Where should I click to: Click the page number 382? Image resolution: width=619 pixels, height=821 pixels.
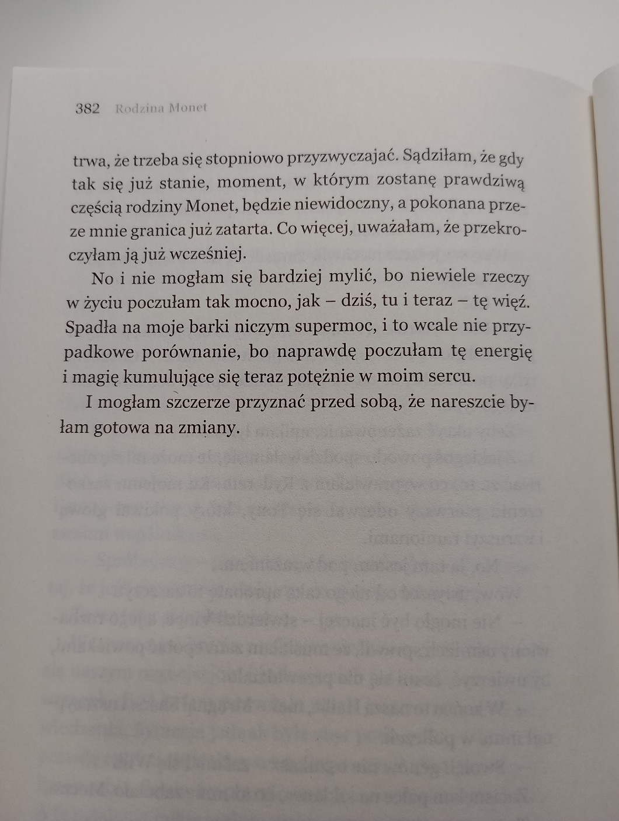tap(88, 109)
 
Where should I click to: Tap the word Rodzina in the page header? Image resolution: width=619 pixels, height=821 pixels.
tap(139, 109)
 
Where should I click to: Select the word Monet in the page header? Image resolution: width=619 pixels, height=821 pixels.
tap(188, 109)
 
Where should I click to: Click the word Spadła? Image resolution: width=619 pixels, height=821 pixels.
tap(89, 327)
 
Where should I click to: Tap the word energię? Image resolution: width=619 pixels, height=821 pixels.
tap(503, 352)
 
